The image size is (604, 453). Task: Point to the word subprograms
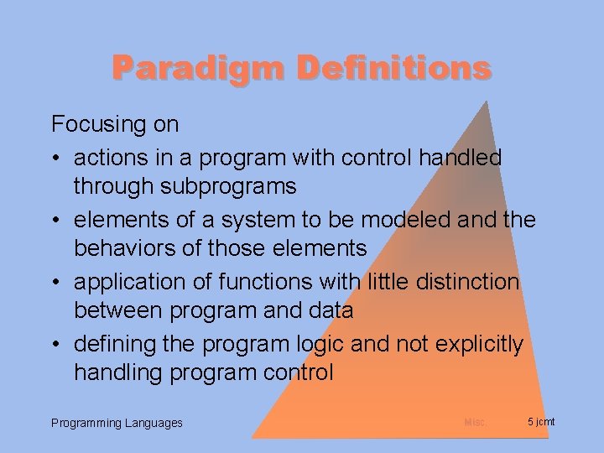(x=226, y=185)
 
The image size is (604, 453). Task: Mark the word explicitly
(x=486, y=344)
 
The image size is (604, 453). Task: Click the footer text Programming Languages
(x=117, y=423)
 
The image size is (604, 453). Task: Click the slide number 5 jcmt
(x=541, y=421)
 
